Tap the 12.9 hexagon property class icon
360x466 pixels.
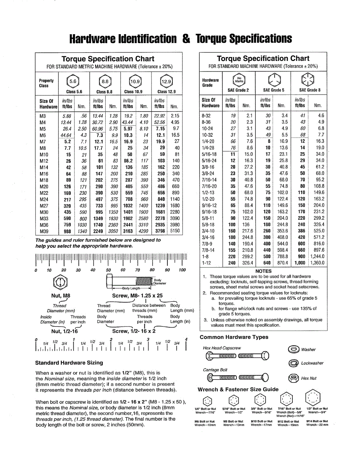pyautogui.click(x=166, y=82)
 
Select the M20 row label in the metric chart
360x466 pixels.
pyautogui.click(x=44, y=187)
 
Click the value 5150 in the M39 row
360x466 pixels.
pyautogui.click(x=175, y=231)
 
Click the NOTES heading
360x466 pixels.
pyautogui.click(x=263, y=271)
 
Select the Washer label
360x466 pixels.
pyautogui.click(x=308, y=349)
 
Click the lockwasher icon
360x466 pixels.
pyautogui.click(x=294, y=363)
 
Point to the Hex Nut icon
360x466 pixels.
pyautogui.click(x=294, y=378)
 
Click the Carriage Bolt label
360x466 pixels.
pyautogui.click(x=215, y=370)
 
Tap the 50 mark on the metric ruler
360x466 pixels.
pyautogui.click(x=108, y=270)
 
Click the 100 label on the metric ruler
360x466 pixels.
pyautogui.click(x=182, y=270)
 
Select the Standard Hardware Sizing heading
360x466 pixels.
pyautogui.click(x=69, y=363)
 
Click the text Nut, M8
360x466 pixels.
pyautogui.click(x=61, y=296)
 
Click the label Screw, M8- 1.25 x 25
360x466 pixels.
pyautogui.click(x=137, y=296)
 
